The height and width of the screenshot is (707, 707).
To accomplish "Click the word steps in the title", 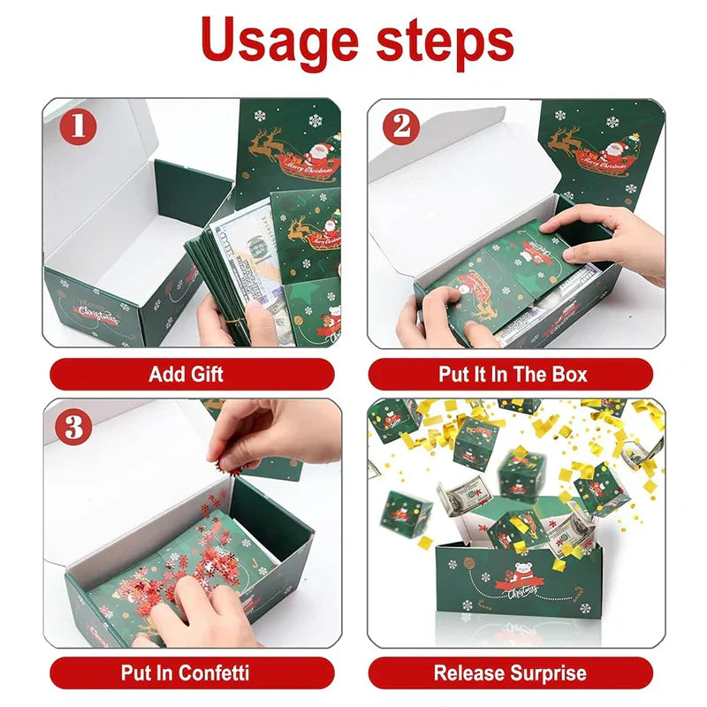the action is coord(445,41).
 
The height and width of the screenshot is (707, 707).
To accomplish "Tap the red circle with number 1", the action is coord(78,126).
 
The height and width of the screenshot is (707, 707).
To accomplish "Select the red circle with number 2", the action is coord(402,126).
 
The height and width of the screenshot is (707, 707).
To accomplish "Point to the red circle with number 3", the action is coord(74,427).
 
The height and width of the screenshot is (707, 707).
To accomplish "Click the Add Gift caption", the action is coord(186,374).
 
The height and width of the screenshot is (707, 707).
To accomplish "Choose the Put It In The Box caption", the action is coord(513,374).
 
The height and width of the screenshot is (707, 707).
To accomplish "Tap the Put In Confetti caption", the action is coord(185,673).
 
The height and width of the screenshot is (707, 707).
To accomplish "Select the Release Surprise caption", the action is coord(511,673).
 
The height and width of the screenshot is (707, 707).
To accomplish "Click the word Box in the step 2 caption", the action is coord(569,374).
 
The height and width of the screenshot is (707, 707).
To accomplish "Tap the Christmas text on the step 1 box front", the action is coord(98,314).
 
